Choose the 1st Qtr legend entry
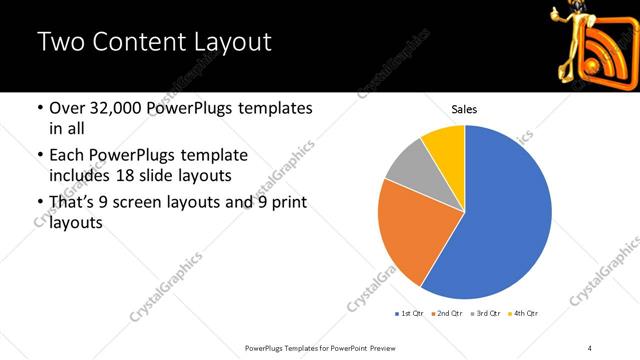coord(410,314)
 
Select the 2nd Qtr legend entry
coord(446,314)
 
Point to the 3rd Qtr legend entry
coord(484,314)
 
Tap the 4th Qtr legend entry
coord(522,314)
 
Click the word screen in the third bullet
coord(146,204)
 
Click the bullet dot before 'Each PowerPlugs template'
coord(39,156)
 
